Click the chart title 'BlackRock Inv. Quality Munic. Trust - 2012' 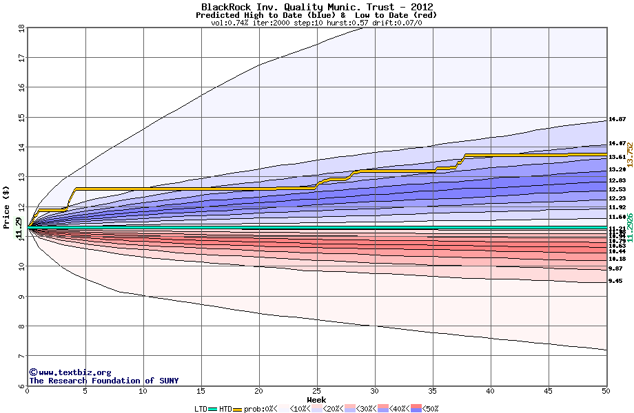coord(316,7)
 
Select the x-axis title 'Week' coord(316,400)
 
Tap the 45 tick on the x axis coord(549,391)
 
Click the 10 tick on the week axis coord(143,391)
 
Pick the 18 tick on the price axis coord(21,28)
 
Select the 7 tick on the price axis coord(21,356)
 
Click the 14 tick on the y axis coord(21,147)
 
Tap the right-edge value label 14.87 coord(617,120)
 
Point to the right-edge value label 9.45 coord(615,281)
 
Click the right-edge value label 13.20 coord(617,169)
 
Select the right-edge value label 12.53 coord(617,189)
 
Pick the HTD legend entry coord(225,409)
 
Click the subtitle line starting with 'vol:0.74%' coord(316,23)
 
